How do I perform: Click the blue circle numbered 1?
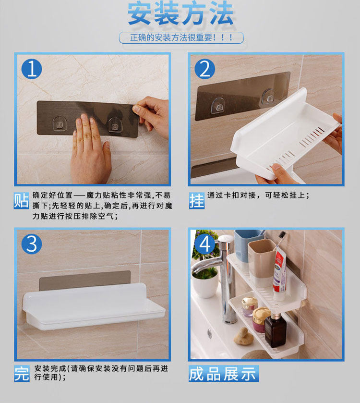32,69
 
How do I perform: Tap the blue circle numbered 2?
204,69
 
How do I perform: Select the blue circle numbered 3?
32,244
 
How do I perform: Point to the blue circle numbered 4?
204,244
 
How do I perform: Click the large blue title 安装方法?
180,13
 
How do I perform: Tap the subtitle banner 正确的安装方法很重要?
181,37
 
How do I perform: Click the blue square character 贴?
21,200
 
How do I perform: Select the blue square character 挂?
197,200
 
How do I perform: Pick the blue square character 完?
22,373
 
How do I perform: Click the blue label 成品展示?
223,373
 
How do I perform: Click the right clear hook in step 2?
268,97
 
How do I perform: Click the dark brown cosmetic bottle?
275,330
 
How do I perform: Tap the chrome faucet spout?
205,266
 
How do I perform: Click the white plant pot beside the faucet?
205,286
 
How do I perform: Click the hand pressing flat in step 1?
90,149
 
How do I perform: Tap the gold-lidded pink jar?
261,320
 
